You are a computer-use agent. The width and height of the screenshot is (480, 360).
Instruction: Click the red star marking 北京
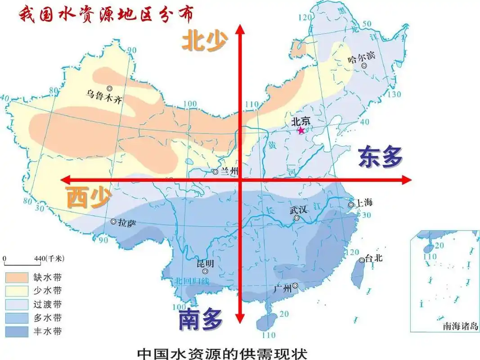coord(301,130)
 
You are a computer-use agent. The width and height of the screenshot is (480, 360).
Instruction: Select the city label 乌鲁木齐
coord(104,96)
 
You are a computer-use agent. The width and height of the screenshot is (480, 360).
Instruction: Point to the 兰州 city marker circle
coord(215,172)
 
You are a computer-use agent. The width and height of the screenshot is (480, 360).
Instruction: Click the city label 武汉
coord(297,210)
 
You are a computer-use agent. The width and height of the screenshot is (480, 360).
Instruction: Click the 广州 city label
coord(283,288)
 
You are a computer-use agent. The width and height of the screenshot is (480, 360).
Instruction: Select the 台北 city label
coord(374,259)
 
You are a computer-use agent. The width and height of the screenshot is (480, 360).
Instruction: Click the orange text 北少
coord(205,42)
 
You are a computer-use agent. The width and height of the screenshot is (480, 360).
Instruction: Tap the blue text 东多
coord(380,157)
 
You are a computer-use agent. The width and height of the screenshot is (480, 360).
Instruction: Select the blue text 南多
coord(200,320)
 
